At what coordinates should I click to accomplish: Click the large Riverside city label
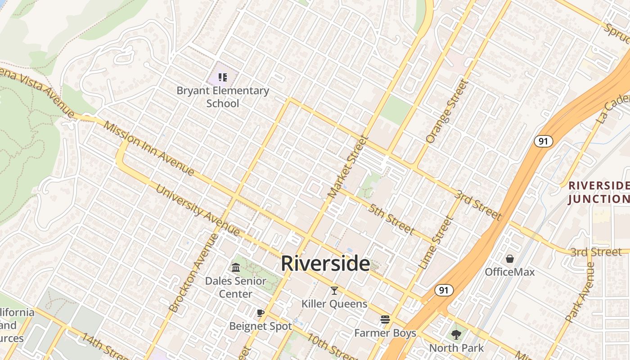tap(325, 263)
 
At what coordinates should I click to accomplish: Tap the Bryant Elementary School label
tap(223, 97)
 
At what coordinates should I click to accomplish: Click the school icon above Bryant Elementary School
tap(222, 77)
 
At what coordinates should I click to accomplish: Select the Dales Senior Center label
tap(235, 287)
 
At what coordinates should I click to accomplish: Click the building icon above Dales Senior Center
tap(236, 268)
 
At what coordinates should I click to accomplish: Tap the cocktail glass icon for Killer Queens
tap(334, 291)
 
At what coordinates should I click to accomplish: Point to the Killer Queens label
tap(334, 304)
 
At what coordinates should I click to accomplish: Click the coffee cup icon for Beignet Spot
tap(260, 313)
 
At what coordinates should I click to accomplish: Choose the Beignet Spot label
tap(261, 326)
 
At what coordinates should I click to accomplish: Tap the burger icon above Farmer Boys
tap(385, 319)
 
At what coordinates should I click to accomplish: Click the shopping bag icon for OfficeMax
tap(510, 259)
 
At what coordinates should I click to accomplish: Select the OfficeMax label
tap(510, 272)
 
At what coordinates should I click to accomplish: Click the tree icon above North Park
tap(456, 334)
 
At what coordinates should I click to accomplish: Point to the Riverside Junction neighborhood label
tap(598, 192)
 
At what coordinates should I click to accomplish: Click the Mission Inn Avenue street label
tap(149, 148)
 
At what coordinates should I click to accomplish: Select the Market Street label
tap(348, 167)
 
